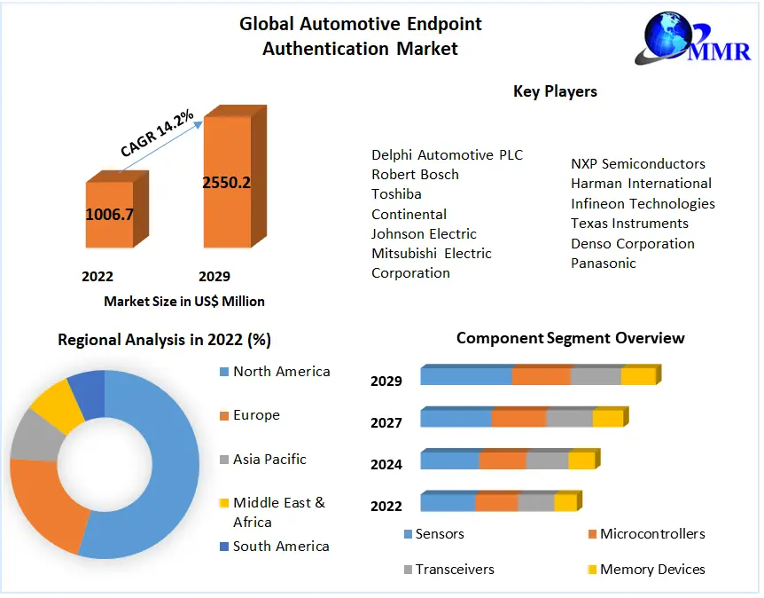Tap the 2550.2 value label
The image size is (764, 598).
226,183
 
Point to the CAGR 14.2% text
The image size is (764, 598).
157,134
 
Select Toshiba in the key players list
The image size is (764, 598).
396,193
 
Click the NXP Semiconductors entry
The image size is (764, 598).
637,163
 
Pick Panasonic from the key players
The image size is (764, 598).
603,263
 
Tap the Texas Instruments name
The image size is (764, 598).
629,223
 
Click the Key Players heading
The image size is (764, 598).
555,91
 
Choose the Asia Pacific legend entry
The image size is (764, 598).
269,459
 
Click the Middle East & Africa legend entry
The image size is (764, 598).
278,512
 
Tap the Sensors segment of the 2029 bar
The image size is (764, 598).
466,376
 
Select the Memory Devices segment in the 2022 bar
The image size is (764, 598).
565,503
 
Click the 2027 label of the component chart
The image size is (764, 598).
386,422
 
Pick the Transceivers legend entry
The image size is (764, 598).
455,569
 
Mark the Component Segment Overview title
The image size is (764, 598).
570,338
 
